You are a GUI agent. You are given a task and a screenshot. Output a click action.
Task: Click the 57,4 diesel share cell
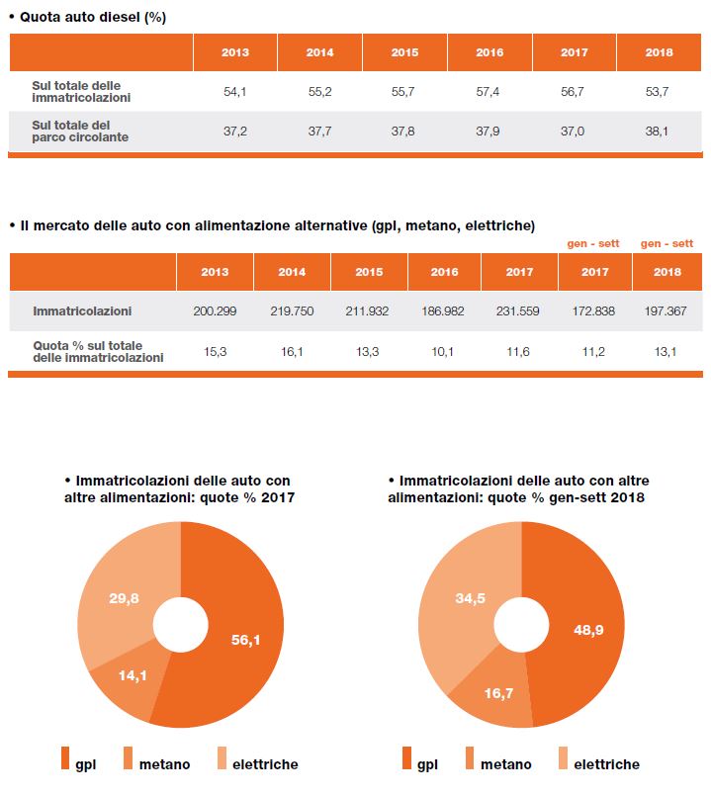coord(488,92)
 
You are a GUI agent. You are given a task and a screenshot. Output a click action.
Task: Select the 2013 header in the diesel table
coord(235,52)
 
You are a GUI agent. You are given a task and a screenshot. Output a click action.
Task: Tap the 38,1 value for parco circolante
coord(657,132)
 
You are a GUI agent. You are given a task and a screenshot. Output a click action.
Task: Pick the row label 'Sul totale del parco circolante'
coord(80,131)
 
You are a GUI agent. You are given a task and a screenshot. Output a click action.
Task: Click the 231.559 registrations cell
coord(517,310)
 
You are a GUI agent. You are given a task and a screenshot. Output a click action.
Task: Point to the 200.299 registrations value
coord(215,310)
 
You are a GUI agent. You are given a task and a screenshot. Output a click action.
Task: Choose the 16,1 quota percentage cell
coord(292,351)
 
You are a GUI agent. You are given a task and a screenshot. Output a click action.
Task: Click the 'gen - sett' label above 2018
coord(667,243)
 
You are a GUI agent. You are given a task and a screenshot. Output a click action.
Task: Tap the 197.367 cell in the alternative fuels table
coord(666,310)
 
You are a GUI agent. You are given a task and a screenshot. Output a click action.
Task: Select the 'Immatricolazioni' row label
coord(82,310)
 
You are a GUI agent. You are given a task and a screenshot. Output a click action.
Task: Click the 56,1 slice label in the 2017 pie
coord(246,640)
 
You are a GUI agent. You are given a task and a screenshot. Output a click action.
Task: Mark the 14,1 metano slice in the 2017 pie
coord(133,675)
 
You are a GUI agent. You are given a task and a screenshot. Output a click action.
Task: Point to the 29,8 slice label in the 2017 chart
coord(124,598)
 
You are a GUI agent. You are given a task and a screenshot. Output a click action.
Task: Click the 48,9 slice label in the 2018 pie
coord(588,630)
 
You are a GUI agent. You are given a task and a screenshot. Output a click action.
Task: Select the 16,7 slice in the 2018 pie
coord(498,693)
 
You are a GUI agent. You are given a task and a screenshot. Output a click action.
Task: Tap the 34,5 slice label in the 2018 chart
coord(471,598)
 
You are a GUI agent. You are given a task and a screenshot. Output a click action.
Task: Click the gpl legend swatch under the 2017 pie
coord(65,757)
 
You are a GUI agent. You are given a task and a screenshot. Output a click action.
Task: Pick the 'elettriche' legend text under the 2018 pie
coord(607,764)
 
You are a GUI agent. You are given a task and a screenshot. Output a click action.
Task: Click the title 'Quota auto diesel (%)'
coord(93,17)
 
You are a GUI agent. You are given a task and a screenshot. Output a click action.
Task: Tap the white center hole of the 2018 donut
coord(521,625)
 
